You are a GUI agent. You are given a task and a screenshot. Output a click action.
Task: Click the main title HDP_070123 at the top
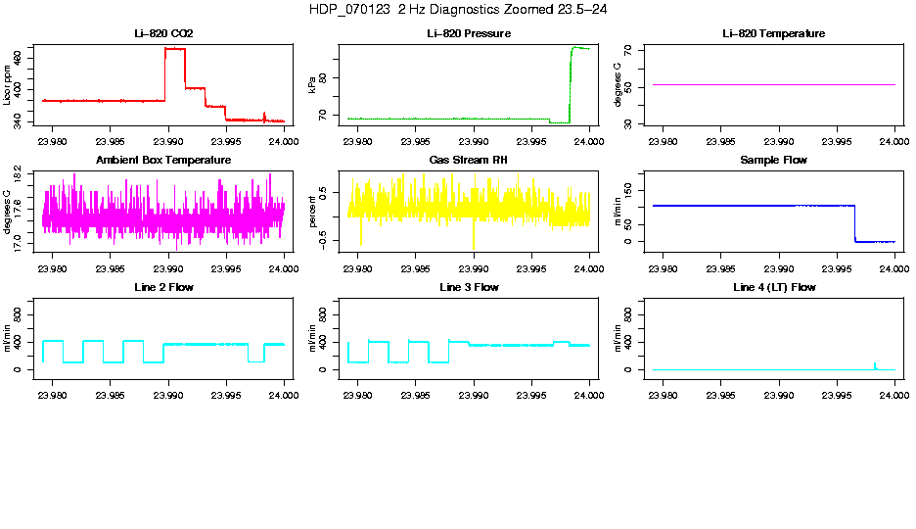point(457,9)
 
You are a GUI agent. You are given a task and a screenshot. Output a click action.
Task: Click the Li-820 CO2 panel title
point(163,33)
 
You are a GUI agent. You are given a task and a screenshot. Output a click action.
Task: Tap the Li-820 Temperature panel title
point(773,33)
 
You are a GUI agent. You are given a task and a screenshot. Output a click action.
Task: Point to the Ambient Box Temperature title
point(163,160)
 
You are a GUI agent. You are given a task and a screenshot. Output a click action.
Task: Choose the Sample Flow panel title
point(773,160)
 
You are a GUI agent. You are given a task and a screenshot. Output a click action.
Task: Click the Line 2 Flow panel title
point(163,287)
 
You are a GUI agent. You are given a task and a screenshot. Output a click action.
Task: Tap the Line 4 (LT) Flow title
point(773,287)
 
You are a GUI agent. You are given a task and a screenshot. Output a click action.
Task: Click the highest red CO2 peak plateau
point(175,48)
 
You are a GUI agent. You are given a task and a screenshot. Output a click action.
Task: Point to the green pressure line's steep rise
point(570,83)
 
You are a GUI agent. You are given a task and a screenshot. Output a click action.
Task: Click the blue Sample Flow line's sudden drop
point(855,223)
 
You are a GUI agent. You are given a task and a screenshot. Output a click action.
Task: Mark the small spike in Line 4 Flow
point(874,364)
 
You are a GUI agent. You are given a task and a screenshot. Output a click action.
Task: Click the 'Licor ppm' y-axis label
point(7,85)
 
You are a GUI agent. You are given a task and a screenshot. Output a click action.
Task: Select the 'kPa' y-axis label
point(312,85)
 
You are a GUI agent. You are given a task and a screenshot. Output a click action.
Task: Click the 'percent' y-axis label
point(312,213)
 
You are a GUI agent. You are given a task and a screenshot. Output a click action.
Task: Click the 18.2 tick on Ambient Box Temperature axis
point(20,173)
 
